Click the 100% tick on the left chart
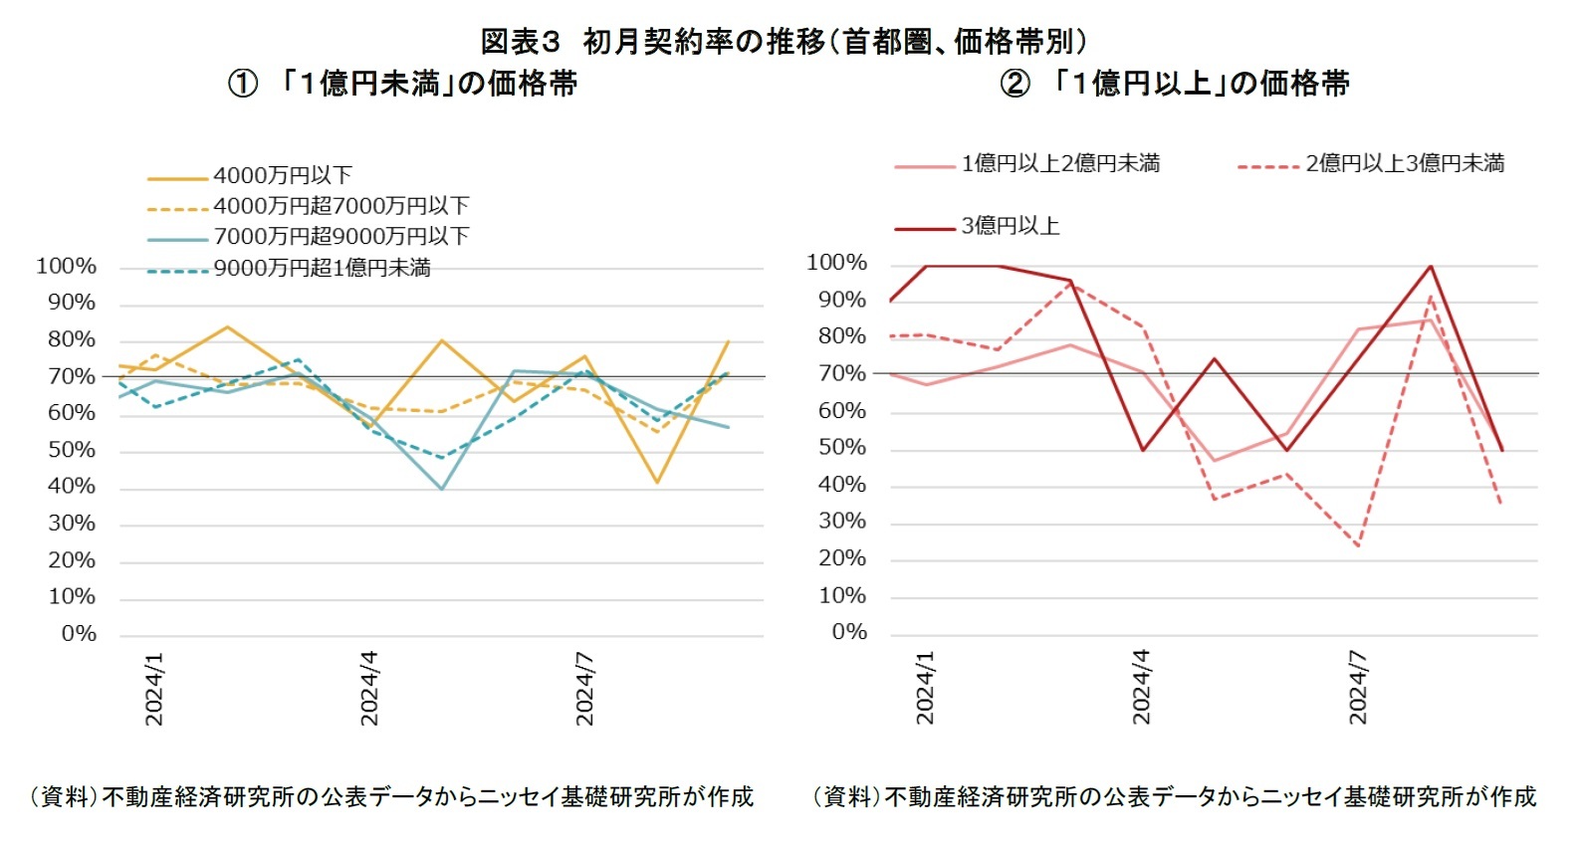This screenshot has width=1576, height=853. pyautogui.click(x=67, y=266)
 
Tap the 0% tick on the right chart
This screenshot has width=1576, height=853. pyautogui.click(x=849, y=632)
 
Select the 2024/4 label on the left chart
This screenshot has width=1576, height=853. pyautogui.click(x=369, y=688)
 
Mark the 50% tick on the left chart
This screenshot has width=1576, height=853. pyautogui.click(x=72, y=450)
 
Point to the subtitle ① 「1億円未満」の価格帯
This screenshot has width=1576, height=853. pyautogui.click(x=403, y=83)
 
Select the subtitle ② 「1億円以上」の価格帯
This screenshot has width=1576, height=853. pyautogui.click(x=1175, y=83)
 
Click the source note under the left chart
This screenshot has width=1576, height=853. pyautogui.click(x=390, y=796)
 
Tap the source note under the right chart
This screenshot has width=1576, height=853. pyautogui.click(x=1175, y=796)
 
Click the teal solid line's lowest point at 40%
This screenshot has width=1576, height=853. pyautogui.click(x=441, y=489)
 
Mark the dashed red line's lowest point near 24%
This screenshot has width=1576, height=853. pyautogui.click(x=1358, y=545)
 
